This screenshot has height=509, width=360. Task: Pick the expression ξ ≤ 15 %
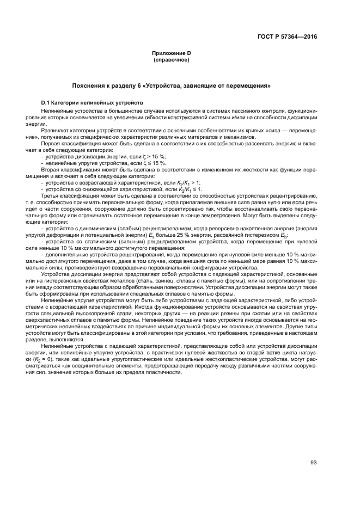156,163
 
